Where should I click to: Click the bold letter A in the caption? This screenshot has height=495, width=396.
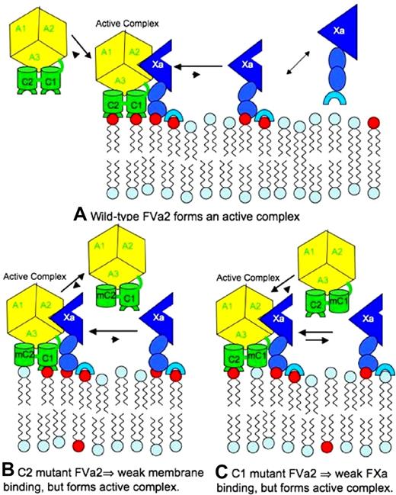tap(81, 216)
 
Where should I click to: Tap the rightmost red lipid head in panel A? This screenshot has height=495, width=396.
tap(374, 122)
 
